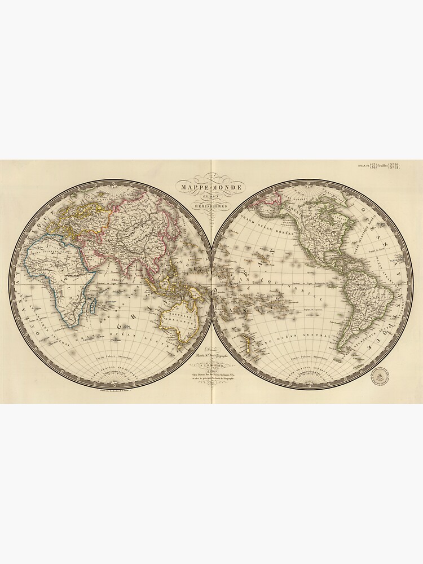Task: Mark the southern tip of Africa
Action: click(70, 325)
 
